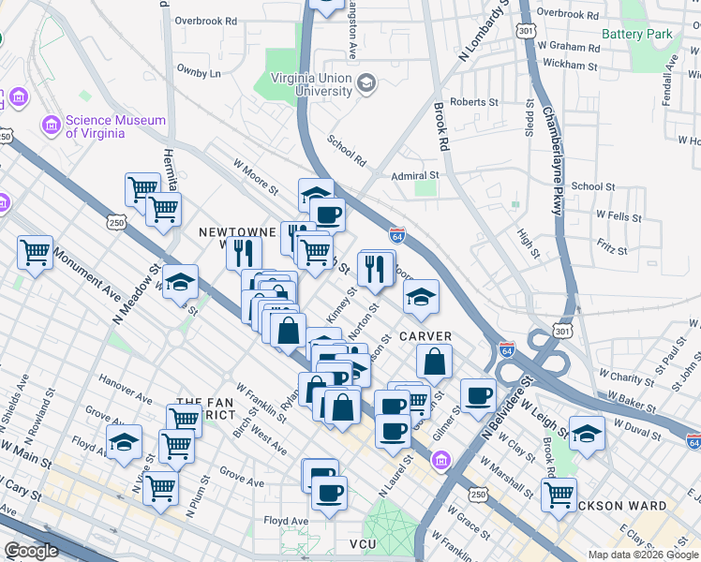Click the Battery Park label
pyautogui.click(x=637, y=34)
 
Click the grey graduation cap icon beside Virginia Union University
pyautogui.click(x=365, y=85)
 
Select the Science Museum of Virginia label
pyautogui.click(x=115, y=126)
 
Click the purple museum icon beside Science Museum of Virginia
pyautogui.click(x=51, y=124)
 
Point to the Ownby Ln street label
pyautogui.click(x=199, y=72)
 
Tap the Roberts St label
pyautogui.click(x=474, y=102)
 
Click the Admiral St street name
pyautogui.click(x=415, y=175)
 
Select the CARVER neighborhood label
pyautogui.click(x=425, y=336)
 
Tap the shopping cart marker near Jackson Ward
pyautogui.click(x=559, y=494)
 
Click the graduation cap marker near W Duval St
pyautogui.click(x=587, y=432)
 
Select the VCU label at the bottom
pyautogui.click(x=363, y=544)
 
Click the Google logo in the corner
pyautogui.click(x=31, y=551)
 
